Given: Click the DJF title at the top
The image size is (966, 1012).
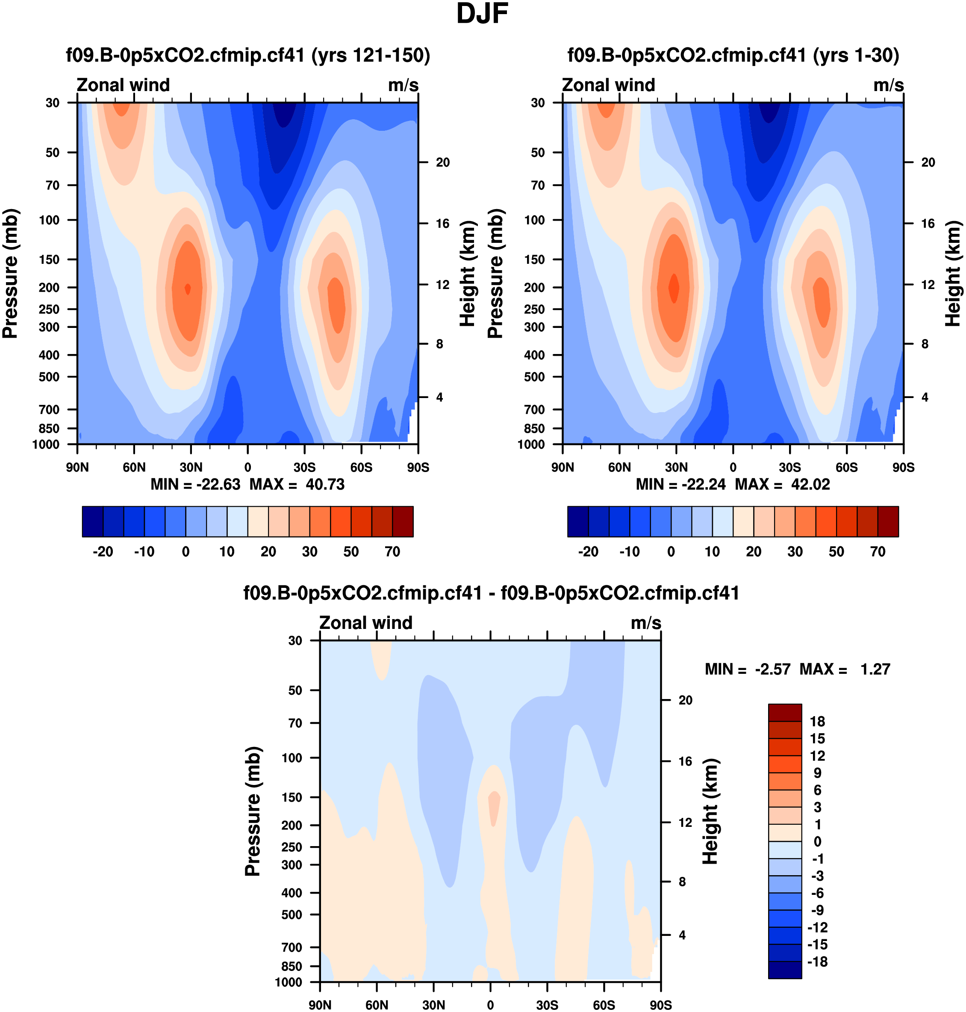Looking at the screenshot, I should [x=482, y=14].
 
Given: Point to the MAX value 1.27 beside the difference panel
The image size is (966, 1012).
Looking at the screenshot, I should [x=875, y=669].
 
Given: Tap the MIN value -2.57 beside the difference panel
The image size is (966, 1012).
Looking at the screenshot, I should [x=772, y=669].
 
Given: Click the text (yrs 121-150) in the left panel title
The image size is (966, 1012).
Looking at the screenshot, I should [x=370, y=55].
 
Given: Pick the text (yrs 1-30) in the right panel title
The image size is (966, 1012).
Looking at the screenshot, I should [x=856, y=55].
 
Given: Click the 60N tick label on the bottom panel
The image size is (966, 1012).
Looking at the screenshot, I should [x=377, y=1005].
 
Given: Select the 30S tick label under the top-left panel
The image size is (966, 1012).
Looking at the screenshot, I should [x=304, y=467].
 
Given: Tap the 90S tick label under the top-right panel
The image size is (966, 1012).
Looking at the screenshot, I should [x=903, y=467].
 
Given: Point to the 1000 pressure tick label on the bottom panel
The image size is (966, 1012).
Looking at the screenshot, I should [x=289, y=982].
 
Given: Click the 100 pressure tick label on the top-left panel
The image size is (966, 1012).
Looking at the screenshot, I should [x=50, y=220].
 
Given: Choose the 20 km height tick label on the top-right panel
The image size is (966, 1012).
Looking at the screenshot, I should [x=928, y=162].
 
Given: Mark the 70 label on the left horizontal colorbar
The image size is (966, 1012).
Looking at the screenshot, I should [x=392, y=552].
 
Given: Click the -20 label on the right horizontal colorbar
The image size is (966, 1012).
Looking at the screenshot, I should [x=588, y=552].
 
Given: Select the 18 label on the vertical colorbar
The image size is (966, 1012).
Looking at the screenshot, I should [x=817, y=722].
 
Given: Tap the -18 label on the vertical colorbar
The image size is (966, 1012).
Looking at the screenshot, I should [x=817, y=962].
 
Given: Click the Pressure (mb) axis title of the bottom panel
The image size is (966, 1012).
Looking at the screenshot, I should [x=253, y=811].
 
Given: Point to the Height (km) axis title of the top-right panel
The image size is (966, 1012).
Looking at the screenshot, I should [x=953, y=274].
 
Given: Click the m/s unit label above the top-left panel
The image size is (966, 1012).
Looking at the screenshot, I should [x=403, y=85].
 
